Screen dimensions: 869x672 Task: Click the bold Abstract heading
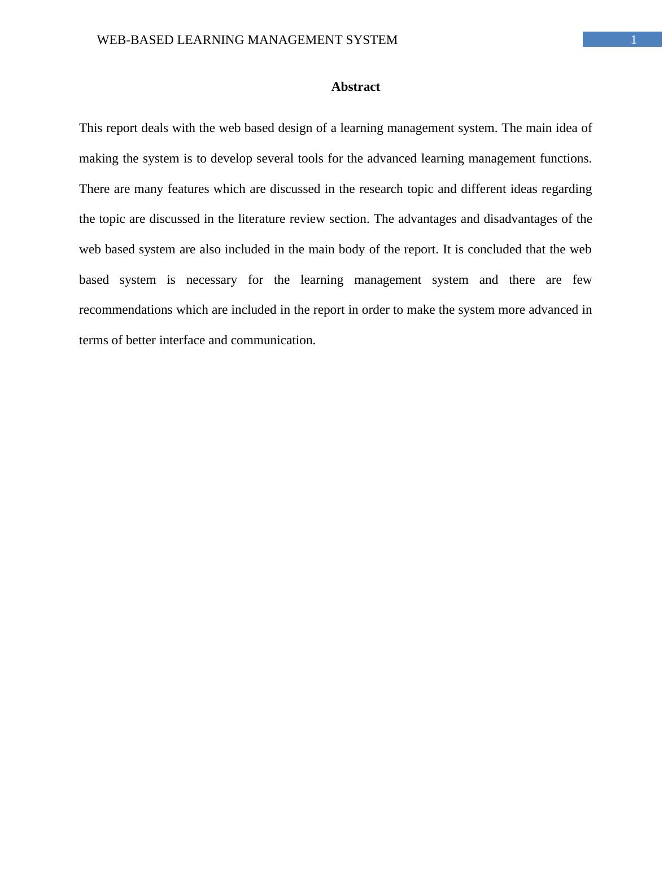click(x=355, y=87)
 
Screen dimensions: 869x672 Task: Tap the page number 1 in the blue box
click(x=634, y=39)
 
